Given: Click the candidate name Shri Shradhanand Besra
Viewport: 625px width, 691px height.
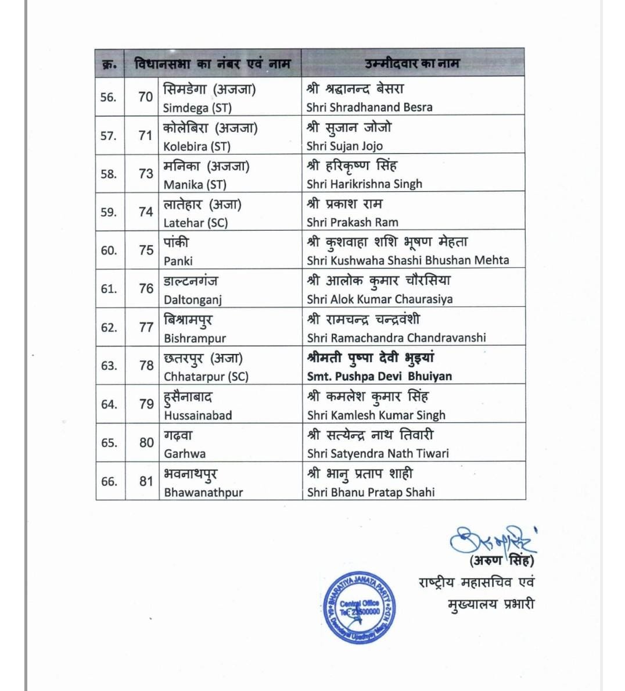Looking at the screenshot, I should click(x=369, y=108).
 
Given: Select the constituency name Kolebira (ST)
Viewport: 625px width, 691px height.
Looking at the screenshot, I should click(x=196, y=146).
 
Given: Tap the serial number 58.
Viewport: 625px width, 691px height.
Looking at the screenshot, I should click(x=109, y=174).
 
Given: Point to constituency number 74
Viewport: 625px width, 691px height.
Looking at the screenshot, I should click(x=146, y=212).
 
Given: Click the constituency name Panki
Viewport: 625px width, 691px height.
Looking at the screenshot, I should click(x=178, y=261).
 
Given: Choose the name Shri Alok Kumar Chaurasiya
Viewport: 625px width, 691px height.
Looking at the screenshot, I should click(x=379, y=299).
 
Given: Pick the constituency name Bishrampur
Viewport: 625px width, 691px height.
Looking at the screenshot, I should click(x=195, y=338).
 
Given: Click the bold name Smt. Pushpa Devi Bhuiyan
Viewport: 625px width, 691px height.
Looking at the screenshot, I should click(x=379, y=377).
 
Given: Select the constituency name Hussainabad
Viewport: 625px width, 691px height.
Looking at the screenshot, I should click(x=197, y=416).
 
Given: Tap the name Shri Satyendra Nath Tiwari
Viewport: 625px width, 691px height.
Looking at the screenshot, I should click(x=378, y=453).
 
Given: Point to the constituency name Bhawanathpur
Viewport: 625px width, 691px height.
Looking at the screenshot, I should click(x=203, y=492).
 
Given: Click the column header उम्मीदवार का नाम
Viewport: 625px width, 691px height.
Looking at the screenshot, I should click(x=412, y=63).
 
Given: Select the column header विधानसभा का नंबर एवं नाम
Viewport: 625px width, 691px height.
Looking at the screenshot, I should click(x=212, y=63).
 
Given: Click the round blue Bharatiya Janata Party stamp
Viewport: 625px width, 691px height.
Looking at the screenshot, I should click(x=360, y=607).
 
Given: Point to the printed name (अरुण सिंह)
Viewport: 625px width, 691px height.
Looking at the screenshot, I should click(x=502, y=561).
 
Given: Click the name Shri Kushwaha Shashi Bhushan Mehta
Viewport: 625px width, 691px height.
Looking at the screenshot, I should click(x=408, y=260).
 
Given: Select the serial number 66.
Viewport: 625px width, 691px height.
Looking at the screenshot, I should click(x=109, y=481).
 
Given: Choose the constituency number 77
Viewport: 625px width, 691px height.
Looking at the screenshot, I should click(x=146, y=327).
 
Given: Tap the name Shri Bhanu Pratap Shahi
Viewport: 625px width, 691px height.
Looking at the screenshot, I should click(x=371, y=492).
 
